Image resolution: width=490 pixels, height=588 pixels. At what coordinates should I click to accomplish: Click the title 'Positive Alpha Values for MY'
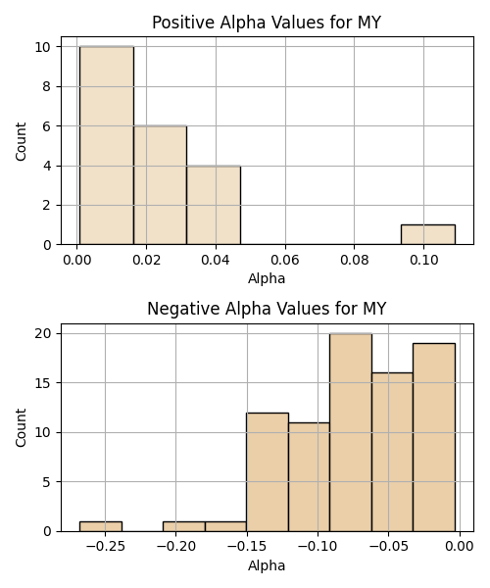pyautogui.click(x=267, y=23)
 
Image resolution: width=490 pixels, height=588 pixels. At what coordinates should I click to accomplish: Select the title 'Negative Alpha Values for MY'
pyautogui.click(x=267, y=309)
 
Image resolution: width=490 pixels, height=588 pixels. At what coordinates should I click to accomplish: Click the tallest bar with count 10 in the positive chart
pyautogui.click(x=107, y=145)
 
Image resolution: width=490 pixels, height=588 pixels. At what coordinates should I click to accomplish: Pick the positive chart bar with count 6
pyautogui.click(x=160, y=185)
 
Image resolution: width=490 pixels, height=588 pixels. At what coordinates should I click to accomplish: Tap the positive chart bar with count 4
pyautogui.click(x=214, y=205)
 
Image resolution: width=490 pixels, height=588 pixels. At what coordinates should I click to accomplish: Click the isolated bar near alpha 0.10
pyautogui.click(x=428, y=235)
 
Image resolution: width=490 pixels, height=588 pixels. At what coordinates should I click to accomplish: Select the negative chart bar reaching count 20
pyautogui.click(x=351, y=432)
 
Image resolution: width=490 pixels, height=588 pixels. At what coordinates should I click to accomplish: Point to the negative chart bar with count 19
pyautogui.click(x=434, y=437)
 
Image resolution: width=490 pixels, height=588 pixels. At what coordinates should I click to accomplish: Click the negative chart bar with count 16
pyautogui.click(x=393, y=452)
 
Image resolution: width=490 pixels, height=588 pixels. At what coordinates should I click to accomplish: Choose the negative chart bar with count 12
pyautogui.click(x=268, y=472)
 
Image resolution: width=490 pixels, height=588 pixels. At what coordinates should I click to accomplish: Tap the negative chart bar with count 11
pyautogui.click(x=310, y=477)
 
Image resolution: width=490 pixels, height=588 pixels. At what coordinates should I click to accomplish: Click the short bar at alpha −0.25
pyautogui.click(x=101, y=526)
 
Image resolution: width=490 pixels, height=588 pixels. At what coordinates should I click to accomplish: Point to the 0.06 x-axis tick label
pyautogui.click(x=285, y=260)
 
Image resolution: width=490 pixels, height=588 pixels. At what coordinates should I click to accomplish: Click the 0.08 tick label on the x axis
pyautogui.click(x=355, y=260)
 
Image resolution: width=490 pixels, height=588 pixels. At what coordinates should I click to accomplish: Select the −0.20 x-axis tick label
pyautogui.click(x=176, y=547)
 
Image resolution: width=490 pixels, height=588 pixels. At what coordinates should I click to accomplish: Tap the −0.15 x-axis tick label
pyautogui.click(x=247, y=547)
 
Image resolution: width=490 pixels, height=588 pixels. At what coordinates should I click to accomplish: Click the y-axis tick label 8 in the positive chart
pyautogui.click(x=46, y=86)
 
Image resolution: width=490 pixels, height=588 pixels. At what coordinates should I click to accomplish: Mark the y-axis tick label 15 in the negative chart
pyautogui.click(x=42, y=383)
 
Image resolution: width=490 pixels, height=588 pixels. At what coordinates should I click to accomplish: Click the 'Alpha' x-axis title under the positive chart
pyautogui.click(x=267, y=278)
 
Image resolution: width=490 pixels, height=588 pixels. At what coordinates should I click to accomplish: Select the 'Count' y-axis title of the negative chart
pyautogui.click(x=21, y=427)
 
